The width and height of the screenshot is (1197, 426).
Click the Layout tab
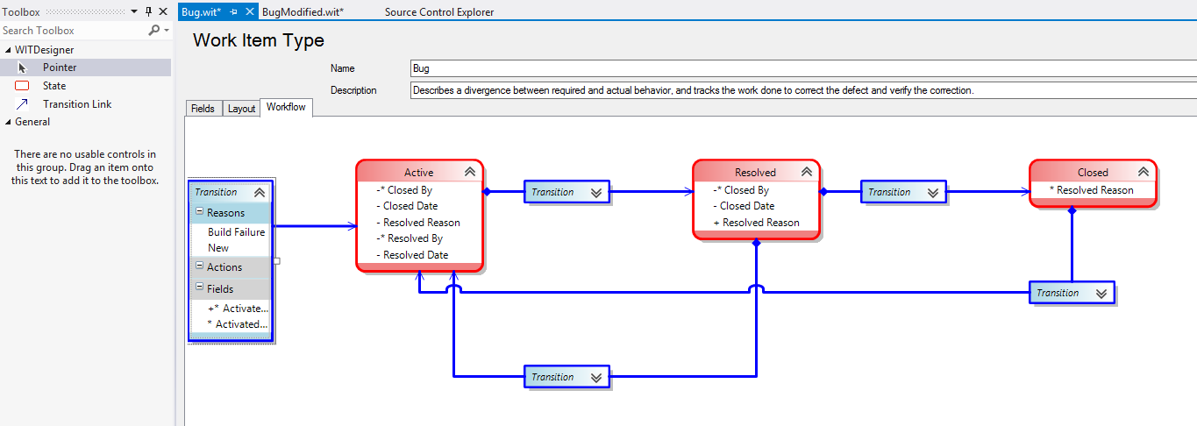click(241, 109)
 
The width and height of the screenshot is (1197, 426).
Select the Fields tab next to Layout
click(203, 109)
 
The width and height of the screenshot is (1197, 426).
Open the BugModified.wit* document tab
click(303, 11)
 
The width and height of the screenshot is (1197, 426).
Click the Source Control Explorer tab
click(438, 11)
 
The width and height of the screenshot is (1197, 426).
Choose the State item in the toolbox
click(54, 86)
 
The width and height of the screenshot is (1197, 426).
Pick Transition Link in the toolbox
click(77, 104)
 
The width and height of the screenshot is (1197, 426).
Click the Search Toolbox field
click(75, 30)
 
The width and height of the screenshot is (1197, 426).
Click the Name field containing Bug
click(789, 68)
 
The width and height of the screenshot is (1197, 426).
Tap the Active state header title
click(418, 173)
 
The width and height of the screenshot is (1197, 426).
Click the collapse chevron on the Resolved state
click(806, 173)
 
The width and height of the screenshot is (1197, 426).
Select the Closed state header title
click(1093, 173)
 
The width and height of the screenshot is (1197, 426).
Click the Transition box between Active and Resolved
click(567, 192)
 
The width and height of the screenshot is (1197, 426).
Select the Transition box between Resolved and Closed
click(904, 192)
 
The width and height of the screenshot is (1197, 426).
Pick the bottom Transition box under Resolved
click(567, 377)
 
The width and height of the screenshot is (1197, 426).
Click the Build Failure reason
click(236, 232)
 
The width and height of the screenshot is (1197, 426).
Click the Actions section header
click(224, 267)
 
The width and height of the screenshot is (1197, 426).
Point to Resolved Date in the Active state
click(416, 255)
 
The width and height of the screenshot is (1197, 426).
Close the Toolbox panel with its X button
click(163, 11)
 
